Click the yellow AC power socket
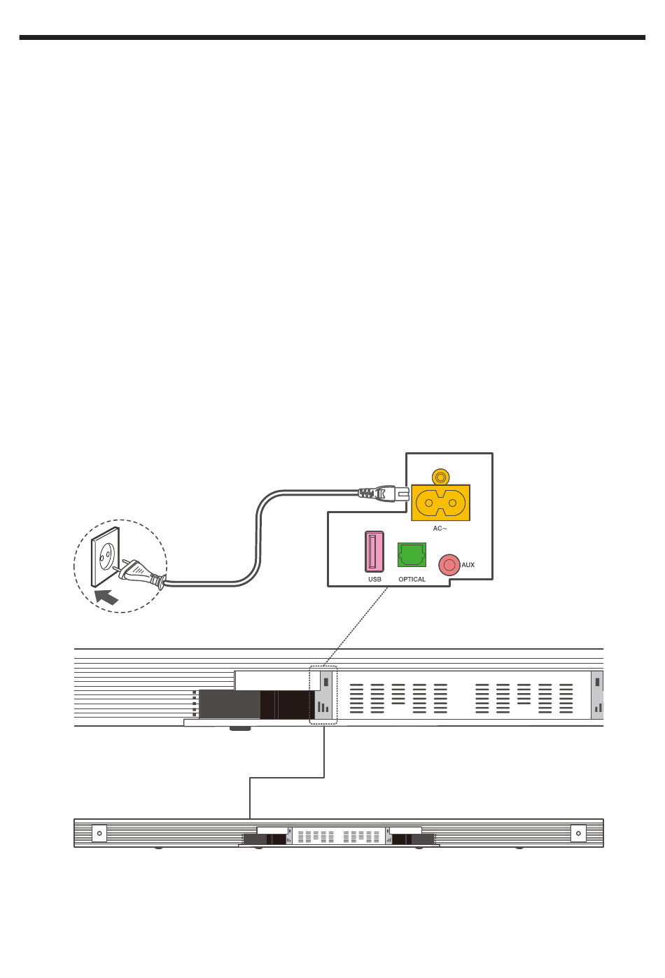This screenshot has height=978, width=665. (440, 502)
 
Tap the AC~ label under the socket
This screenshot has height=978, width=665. (440, 529)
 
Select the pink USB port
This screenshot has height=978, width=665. (374, 552)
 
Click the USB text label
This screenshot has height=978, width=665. (374, 580)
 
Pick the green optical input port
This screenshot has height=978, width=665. (412, 555)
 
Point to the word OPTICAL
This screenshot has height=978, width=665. (412, 580)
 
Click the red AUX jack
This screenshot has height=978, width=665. (449, 565)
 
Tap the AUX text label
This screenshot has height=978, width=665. (468, 565)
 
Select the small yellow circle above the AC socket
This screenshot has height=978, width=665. (440, 477)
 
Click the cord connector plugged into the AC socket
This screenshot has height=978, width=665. (383, 494)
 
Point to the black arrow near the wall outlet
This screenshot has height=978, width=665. (106, 597)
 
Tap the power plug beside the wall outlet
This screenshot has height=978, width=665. (142, 575)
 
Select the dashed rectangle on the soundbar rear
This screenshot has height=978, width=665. (323, 695)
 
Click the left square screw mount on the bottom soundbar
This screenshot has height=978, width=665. (99, 833)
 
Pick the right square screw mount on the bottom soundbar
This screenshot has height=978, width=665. (578, 833)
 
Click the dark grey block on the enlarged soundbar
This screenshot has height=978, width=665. (230, 704)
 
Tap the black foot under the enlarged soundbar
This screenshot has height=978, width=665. (240, 729)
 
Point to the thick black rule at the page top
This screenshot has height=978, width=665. (332, 38)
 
